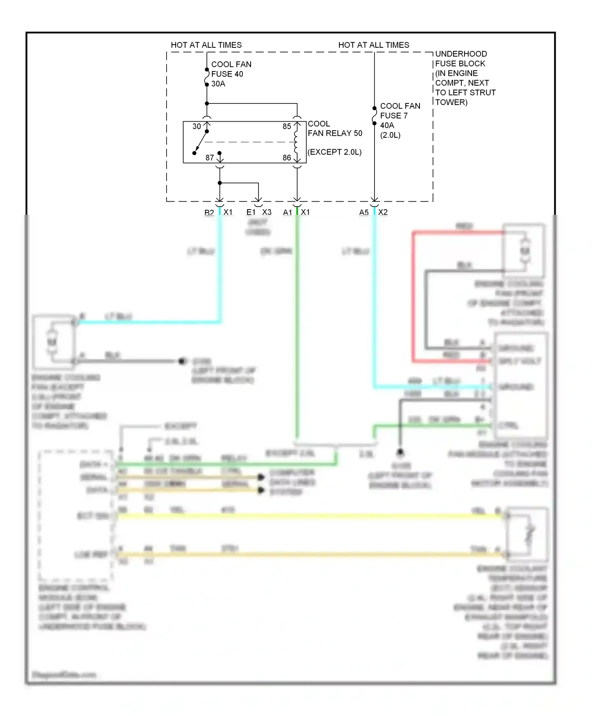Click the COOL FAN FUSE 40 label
(231, 74)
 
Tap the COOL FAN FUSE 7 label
(399, 116)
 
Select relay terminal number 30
(197, 126)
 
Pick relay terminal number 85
(287, 126)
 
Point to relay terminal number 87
(210, 157)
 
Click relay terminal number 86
(287, 157)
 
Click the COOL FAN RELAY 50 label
(334, 129)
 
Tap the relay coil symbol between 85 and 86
(296, 142)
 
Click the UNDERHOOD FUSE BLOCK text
(461, 58)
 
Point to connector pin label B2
(209, 212)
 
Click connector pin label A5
(363, 212)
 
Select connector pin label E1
(251, 212)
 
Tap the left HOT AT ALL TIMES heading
(206, 45)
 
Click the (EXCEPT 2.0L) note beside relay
(334, 152)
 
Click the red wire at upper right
(413, 296)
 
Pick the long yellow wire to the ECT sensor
(308, 516)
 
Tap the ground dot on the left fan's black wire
(182, 361)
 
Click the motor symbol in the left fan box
(52, 342)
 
